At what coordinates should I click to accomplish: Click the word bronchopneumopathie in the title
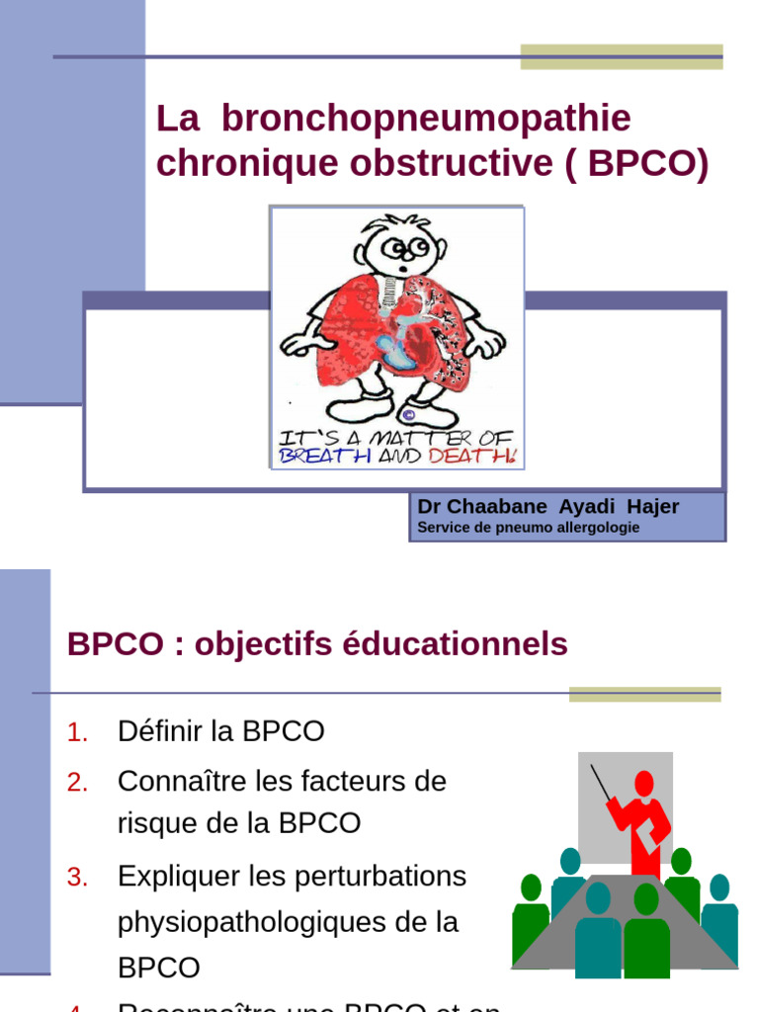point(426,120)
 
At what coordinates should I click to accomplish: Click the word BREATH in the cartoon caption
point(316,456)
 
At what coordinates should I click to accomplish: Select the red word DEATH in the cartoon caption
point(483,456)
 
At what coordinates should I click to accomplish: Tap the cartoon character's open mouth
point(404,267)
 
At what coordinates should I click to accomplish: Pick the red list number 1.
point(78,732)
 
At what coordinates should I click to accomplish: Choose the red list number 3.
point(78,877)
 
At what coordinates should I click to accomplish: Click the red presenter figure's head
point(643,785)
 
